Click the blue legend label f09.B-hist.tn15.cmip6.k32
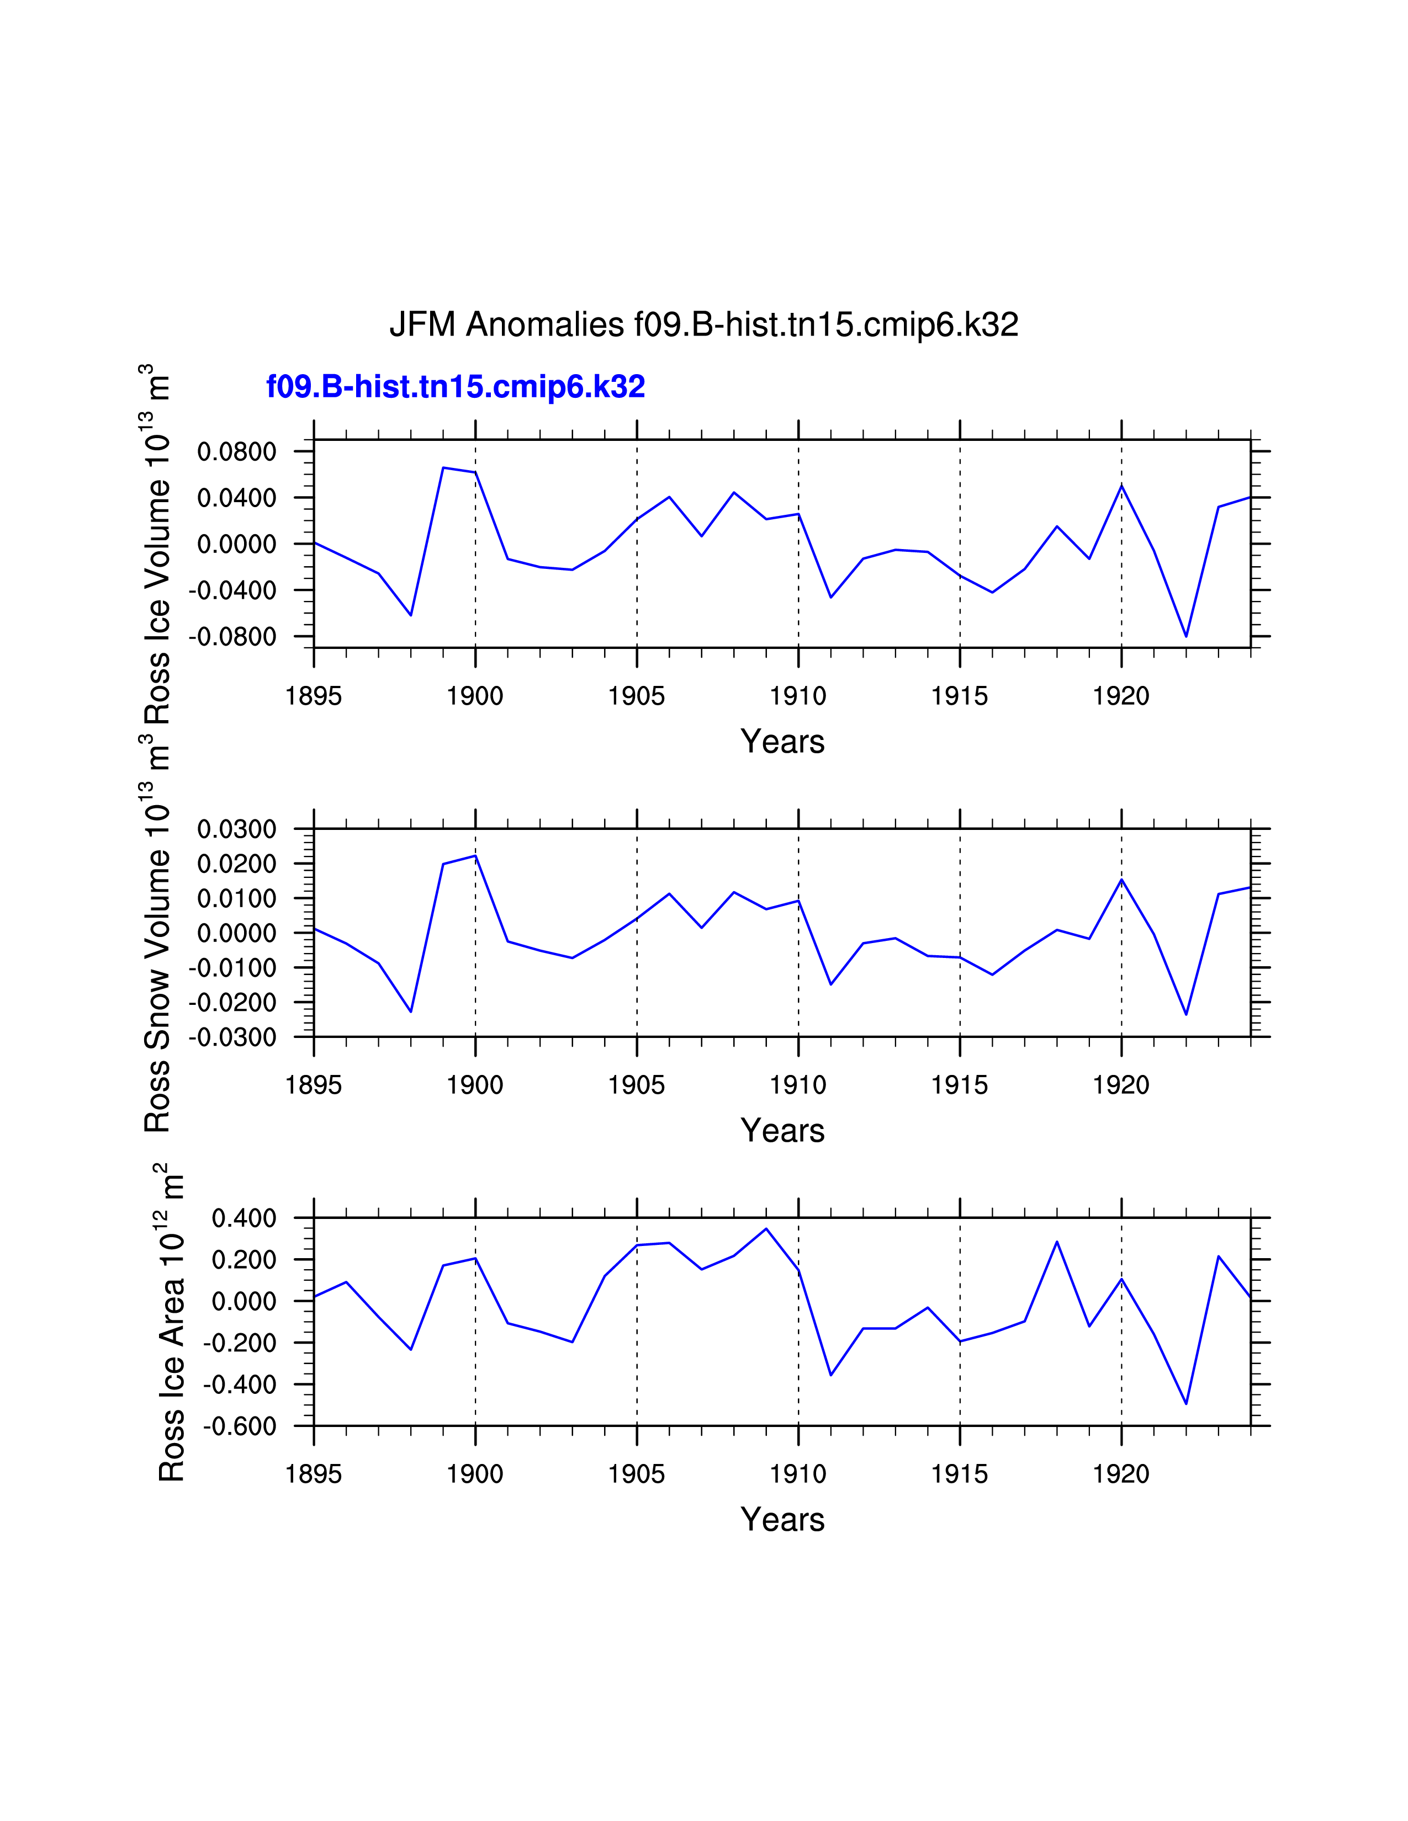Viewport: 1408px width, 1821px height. (456, 387)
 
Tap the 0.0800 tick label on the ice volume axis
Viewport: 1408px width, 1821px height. (236, 452)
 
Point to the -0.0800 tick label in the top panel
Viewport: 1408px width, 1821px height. (232, 637)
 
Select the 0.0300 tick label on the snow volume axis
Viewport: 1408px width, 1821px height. (236, 829)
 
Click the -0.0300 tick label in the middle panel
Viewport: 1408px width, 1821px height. (232, 1038)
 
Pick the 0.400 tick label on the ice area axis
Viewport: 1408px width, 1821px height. (244, 1219)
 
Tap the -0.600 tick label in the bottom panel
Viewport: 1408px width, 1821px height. (240, 1426)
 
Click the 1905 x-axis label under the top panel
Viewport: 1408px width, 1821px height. (637, 696)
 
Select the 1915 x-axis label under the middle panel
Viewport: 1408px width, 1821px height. (959, 1085)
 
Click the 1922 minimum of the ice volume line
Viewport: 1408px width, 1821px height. (1185, 636)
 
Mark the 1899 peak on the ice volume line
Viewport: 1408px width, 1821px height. (443, 468)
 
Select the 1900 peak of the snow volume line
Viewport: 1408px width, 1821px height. (475, 855)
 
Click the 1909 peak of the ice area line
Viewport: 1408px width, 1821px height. (766, 1229)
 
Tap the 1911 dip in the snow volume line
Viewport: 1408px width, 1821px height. (831, 984)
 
